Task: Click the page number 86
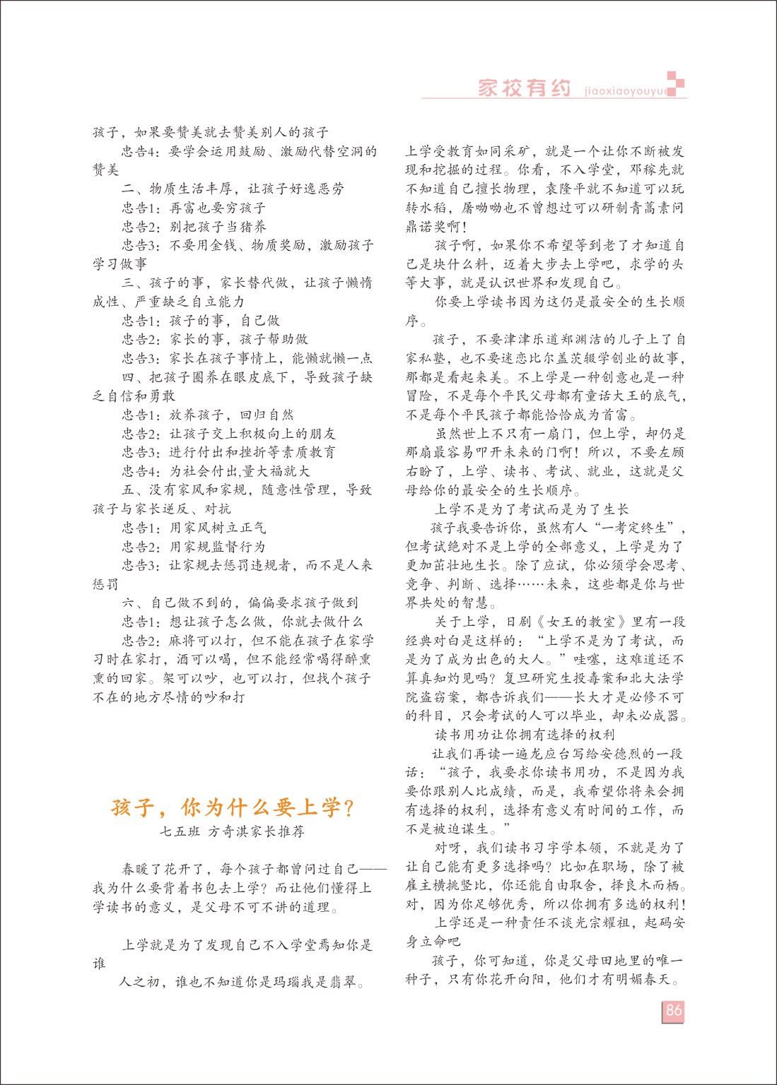click(673, 1010)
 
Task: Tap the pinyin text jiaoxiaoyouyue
click(626, 91)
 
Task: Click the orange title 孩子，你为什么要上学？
click(233, 807)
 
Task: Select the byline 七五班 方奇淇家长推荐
click(233, 831)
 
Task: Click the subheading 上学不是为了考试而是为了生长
click(531, 509)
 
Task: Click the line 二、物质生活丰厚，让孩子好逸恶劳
click(233, 189)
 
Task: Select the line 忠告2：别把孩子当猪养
click(194, 227)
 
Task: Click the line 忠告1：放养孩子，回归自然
click(207, 415)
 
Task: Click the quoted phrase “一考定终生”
click(641, 528)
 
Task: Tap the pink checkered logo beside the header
click(676, 83)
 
